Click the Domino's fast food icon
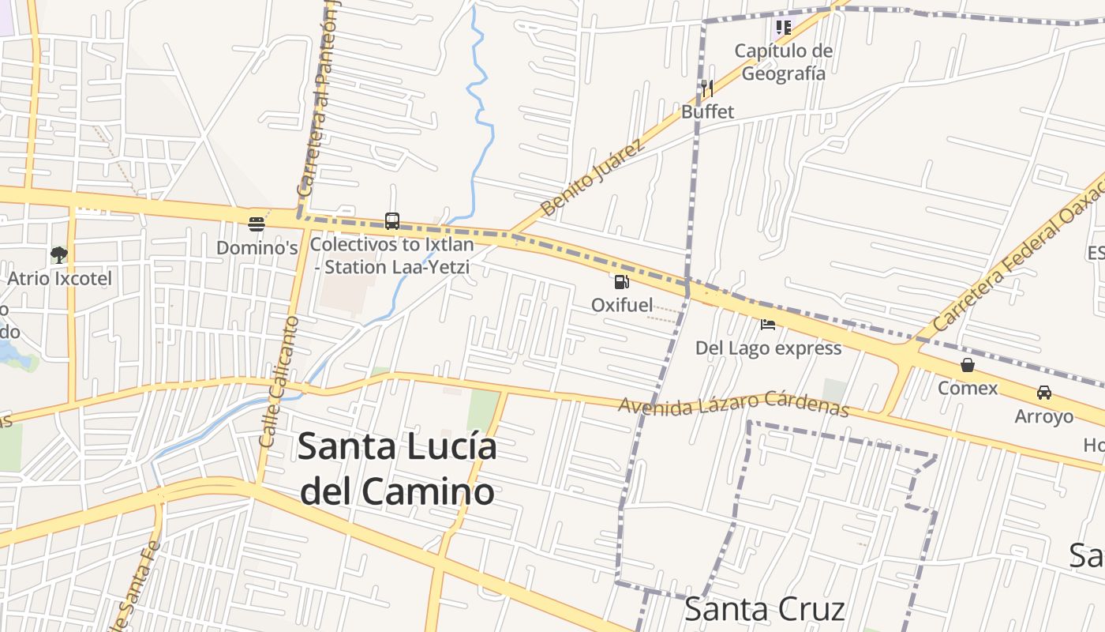[x=256, y=224]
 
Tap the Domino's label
[x=257, y=247]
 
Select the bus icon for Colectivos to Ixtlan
[x=392, y=220]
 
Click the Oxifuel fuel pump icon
[x=622, y=281]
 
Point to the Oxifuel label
[x=622, y=305]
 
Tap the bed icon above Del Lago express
[x=768, y=324]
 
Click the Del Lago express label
[x=768, y=348]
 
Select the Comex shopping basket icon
[x=968, y=365]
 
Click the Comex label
[x=968, y=389]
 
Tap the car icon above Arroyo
[x=1044, y=393]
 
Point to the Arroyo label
[x=1044, y=416]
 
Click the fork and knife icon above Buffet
[x=707, y=88]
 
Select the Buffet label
[x=707, y=111]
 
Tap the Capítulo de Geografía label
[x=784, y=62]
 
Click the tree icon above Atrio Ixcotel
[x=59, y=254]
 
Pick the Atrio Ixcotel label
[x=59, y=278]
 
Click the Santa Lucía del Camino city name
[x=397, y=469]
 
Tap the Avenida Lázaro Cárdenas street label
[x=733, y=404]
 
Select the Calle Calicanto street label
[x=277, y=382]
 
